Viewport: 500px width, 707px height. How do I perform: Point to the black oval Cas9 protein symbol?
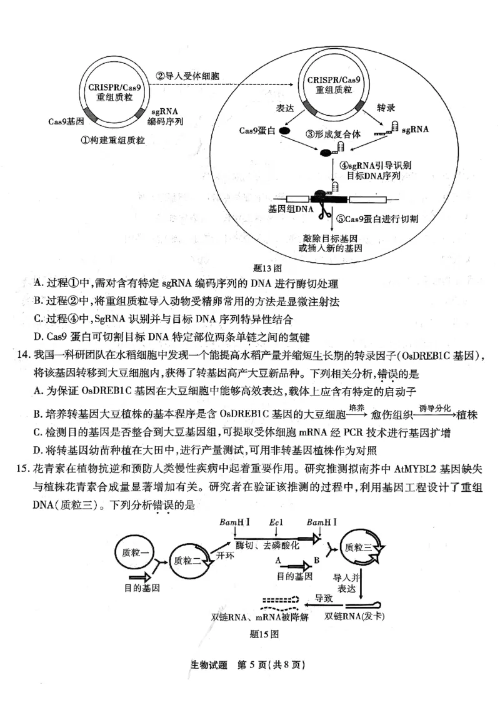pyautogui.click(x=284, y=131)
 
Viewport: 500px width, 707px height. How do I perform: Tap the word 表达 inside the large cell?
pyautogui.click(x=285, y=108)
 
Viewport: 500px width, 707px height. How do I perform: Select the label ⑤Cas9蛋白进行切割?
pyautogui.click(x=377, y=219)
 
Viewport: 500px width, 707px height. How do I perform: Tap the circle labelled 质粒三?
pyautogui.click(x=359, y=547)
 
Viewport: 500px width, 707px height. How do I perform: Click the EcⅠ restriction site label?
pyautogui.click(x=276, y=522)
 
